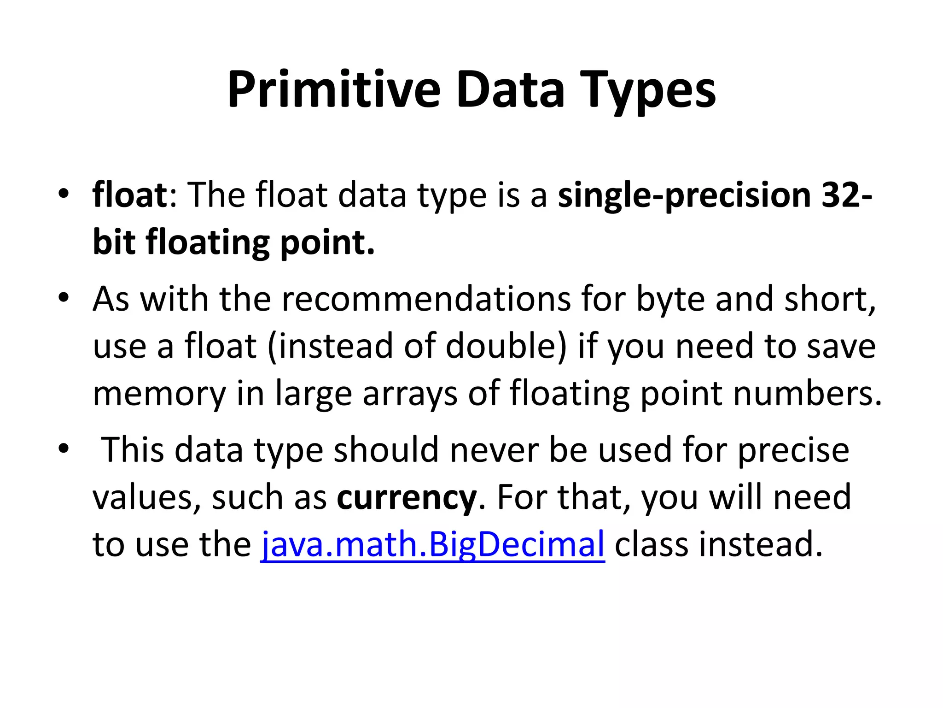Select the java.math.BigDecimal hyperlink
click(432, 544)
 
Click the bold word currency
click(407, 497)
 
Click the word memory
click(159, 393)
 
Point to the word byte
click(670, 299)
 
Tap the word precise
click(793, 450)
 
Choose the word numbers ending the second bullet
click(807, 393)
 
